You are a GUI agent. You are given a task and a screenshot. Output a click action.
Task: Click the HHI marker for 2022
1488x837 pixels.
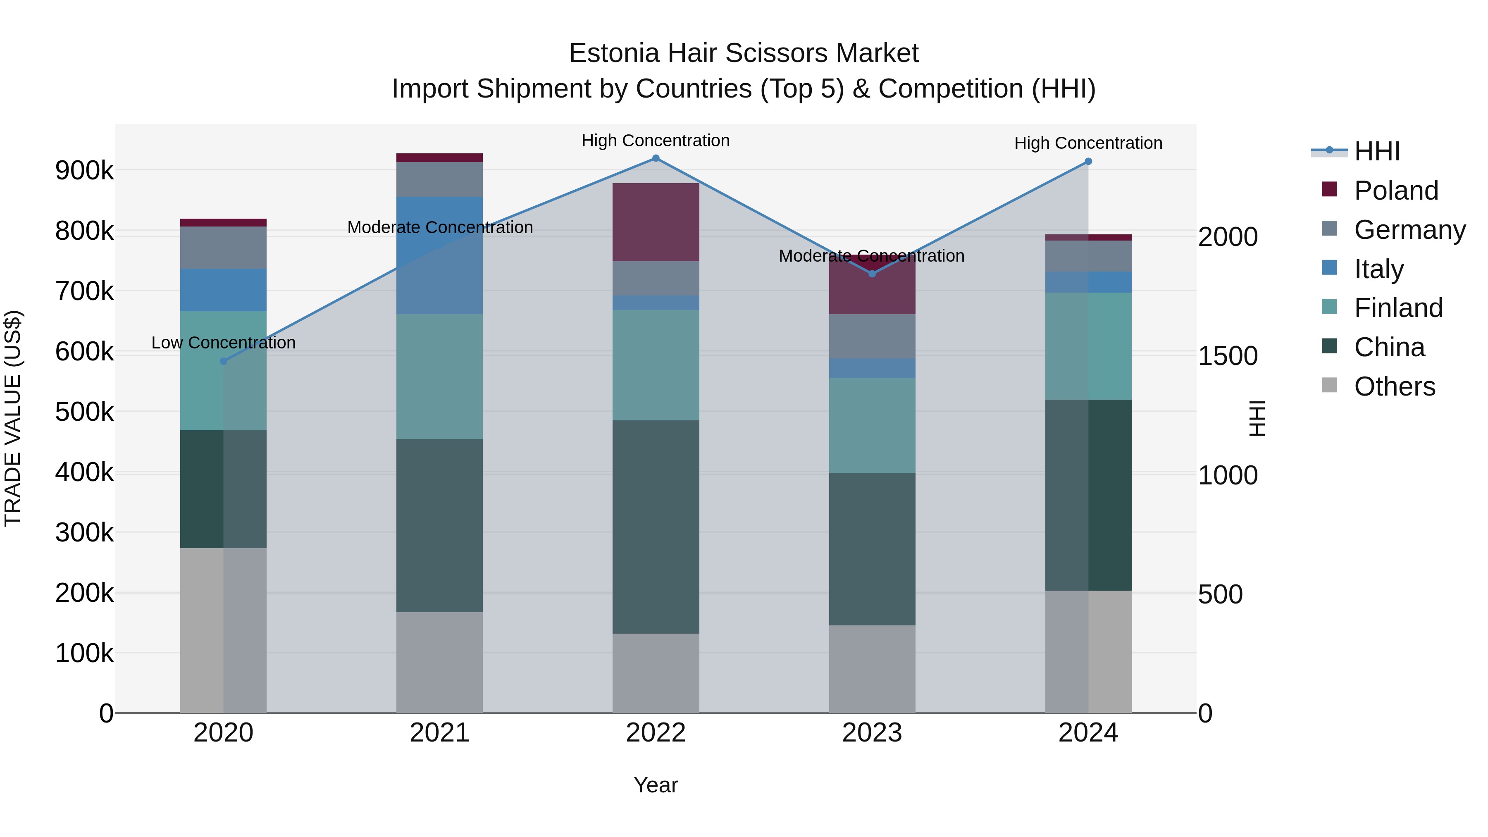pyautogui.click(x=656, y=158)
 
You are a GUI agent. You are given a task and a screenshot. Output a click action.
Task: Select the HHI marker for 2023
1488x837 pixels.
pyautogui.click(x=872, y=274)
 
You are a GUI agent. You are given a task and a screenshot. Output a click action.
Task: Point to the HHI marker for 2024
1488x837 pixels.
pyautogui.click(x=1088, y=162)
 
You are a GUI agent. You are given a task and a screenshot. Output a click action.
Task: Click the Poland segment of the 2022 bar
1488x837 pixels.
pyautogui.click(x=656, y=222)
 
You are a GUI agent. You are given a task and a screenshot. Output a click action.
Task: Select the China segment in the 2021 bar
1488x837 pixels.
pyautogui.click(x=440, y=526)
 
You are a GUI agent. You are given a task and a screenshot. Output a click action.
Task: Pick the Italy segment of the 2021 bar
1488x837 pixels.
pyautogui.click(x=440, y=255)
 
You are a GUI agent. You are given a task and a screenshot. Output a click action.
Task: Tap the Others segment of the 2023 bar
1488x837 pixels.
pyautogui.click(x=872, y=669)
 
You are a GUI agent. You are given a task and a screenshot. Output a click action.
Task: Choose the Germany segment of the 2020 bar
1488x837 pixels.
pyautogui.click(x=224, y=248)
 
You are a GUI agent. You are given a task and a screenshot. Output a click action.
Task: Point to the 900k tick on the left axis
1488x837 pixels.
pyautogui.click(x=84, y=171)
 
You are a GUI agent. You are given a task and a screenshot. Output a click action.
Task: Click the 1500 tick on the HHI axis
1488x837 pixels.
pyautogui.click(x=1228, y=356)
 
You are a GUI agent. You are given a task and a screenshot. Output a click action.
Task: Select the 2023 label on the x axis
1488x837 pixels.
pyautogui.click(x=872, y=733)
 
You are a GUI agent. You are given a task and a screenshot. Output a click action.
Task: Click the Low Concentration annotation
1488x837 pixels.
pyautogui.click(x=224, y=343)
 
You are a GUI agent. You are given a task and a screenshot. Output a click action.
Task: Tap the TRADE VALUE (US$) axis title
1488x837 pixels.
pyautogui.click(x=13, y=418)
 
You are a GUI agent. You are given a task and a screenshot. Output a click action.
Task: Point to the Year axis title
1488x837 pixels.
pyautogui.click(x=656, y=785)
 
